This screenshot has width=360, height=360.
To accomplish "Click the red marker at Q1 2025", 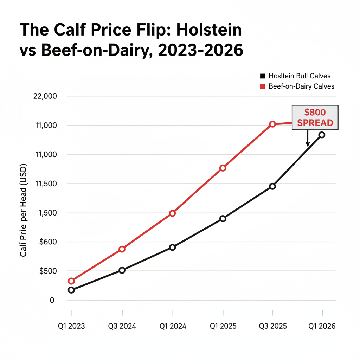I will click(x=223, y=168).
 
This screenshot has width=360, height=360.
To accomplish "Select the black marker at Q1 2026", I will click(x=322, y=135).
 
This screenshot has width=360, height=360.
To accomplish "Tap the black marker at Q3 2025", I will click(x=272, y=186).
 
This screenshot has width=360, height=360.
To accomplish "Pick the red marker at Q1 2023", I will click(x=71, y=281).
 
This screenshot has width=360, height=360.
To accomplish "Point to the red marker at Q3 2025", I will click(x=272, y=124).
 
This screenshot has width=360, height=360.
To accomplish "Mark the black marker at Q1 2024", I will click(x=172, y=247).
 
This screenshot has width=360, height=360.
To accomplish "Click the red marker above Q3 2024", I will click(x=122, y=249).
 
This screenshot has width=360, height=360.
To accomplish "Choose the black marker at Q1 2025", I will click(x=223, y=219).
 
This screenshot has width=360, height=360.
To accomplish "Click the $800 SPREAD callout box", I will click(x=315, y=118).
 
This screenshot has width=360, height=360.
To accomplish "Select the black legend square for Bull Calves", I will click(x=262, y=76).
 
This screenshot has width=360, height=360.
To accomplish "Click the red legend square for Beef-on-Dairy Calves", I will click(x=262, y=86).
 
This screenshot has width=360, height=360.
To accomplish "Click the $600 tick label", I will click(x=47, y=242).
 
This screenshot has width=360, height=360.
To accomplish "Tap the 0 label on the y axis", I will click(x=52, y=300).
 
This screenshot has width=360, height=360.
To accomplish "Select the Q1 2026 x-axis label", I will click(x=322, y=326).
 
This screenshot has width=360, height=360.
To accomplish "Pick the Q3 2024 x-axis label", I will click(x=122, y=326).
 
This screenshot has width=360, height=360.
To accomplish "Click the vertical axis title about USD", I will click(x=24, y=211).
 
